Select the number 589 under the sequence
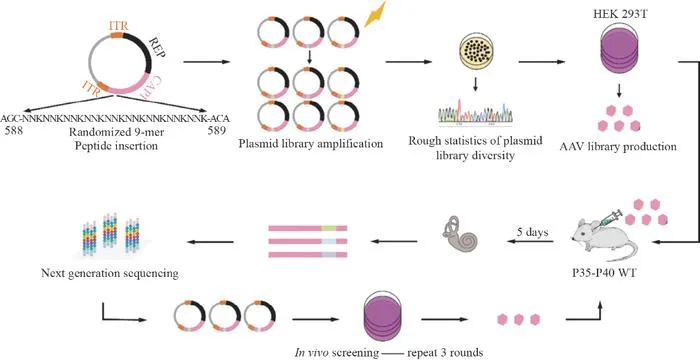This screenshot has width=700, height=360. (217, 131)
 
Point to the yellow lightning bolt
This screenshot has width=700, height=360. (375, 14)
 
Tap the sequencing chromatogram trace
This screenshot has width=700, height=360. (475, 113)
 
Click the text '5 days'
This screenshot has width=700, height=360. (532, 233)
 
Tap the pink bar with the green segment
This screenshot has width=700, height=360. (308, 228)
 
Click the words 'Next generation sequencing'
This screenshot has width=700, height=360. (109, 273)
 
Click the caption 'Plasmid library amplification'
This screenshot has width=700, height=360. (311, 144)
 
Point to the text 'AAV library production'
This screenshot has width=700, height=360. (618, 147)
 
